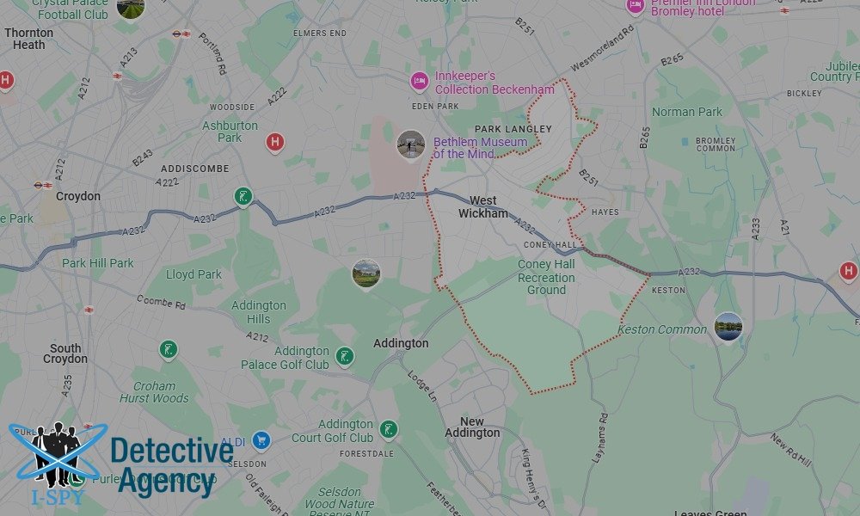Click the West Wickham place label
pyautogui.click(x=482, y=207)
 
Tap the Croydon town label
pyautogui.click(x=78, y=196)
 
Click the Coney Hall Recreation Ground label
pyautogui.click(x=546, y=277)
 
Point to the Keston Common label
pyautogui.click(x=662, y=329)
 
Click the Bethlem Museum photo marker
pyautogui.click(x=411, y=144)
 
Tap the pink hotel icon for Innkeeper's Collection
pyautogui.click(x=420, y=82)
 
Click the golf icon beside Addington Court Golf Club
pyautogui.click(x=389, y=429)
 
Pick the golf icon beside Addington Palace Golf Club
pyautogui.click(x=345, y=356)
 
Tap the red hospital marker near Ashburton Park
pyautogui.click(x=275, y=142)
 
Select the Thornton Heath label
pyautogui.click(x=29, y=39)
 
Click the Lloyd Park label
pyautogui.click(x=193, y=274)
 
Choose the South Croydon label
pyautogui.click(x=65, y=353)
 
